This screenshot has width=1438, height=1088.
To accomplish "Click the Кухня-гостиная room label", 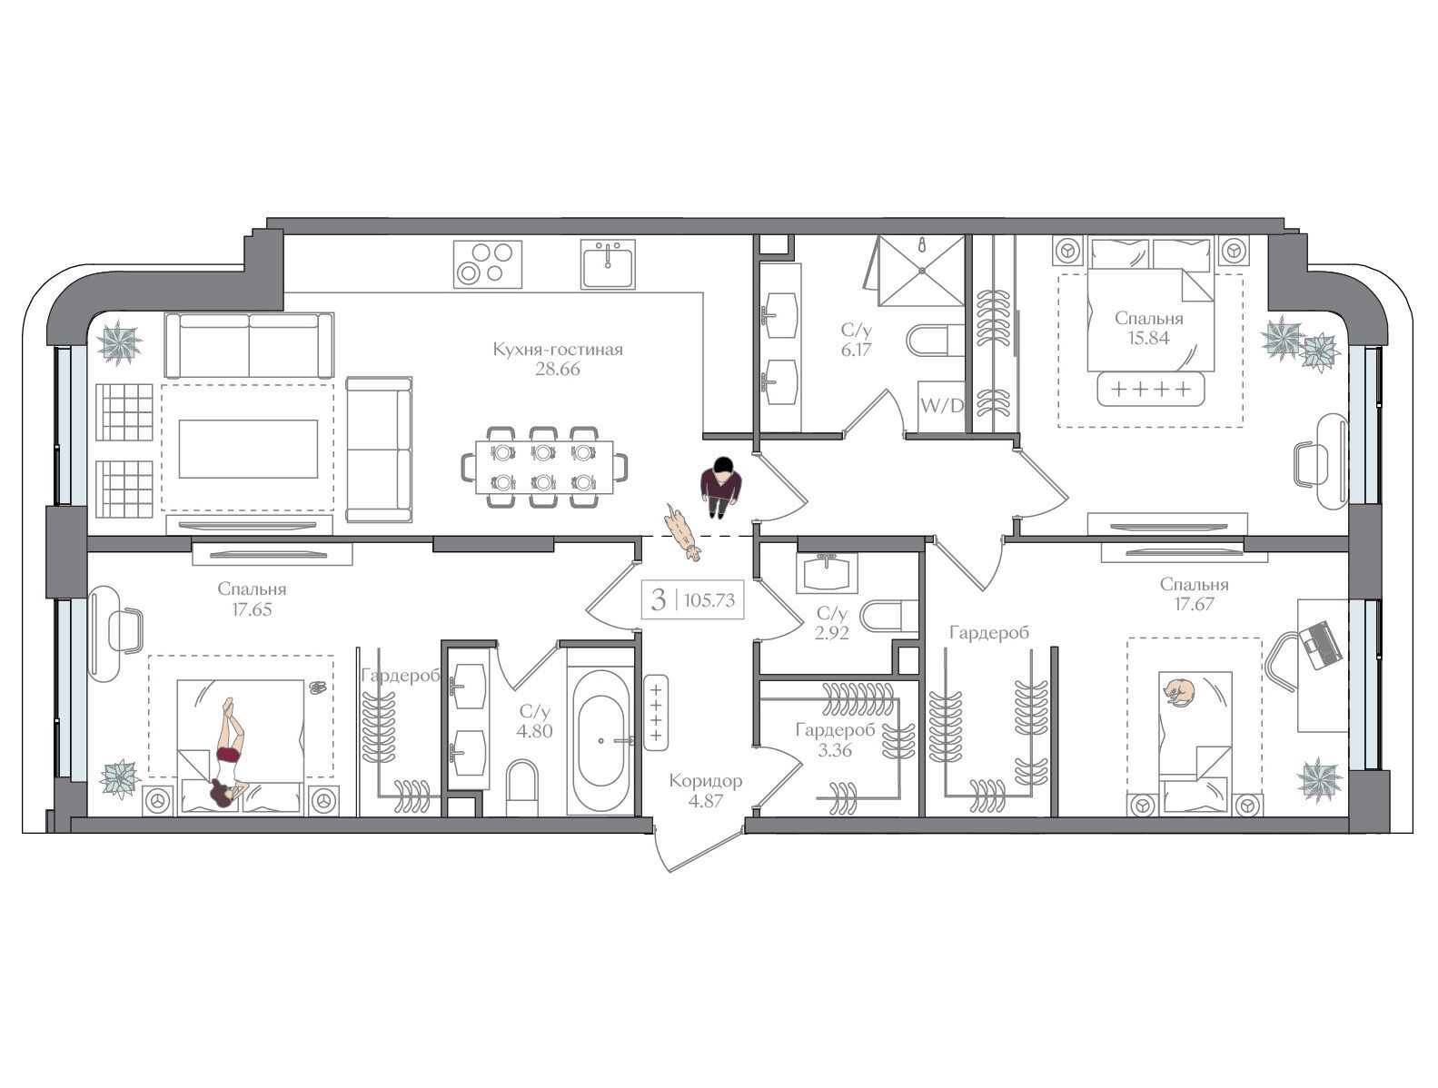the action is (558, 349).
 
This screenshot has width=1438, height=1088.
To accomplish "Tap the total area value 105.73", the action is (709, 599).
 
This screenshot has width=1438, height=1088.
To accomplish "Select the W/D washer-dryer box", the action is (941, 406).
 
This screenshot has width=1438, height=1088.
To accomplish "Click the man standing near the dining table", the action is (720, 487).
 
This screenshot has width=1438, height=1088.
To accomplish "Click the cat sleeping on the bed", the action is (1179, 692).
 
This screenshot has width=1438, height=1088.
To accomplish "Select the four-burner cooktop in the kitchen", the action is (488, 264).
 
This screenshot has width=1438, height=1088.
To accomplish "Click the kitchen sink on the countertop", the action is (608, 264).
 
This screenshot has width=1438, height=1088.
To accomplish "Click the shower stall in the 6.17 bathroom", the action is (921, 271).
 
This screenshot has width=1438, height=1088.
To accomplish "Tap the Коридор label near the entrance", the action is (706, 780).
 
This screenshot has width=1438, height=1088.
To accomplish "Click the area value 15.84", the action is (1148, 338).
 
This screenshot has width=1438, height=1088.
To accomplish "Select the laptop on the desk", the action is (1317, 645).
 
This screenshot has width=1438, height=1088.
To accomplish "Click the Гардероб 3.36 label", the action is (836, 739).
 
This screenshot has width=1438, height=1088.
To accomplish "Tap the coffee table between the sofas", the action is (248, 449).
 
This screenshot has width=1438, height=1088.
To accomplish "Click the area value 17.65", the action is (252, 609).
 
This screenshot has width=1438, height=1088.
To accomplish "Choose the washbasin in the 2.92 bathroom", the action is (827, 573).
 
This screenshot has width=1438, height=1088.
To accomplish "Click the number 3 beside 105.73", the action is (658, 599).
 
